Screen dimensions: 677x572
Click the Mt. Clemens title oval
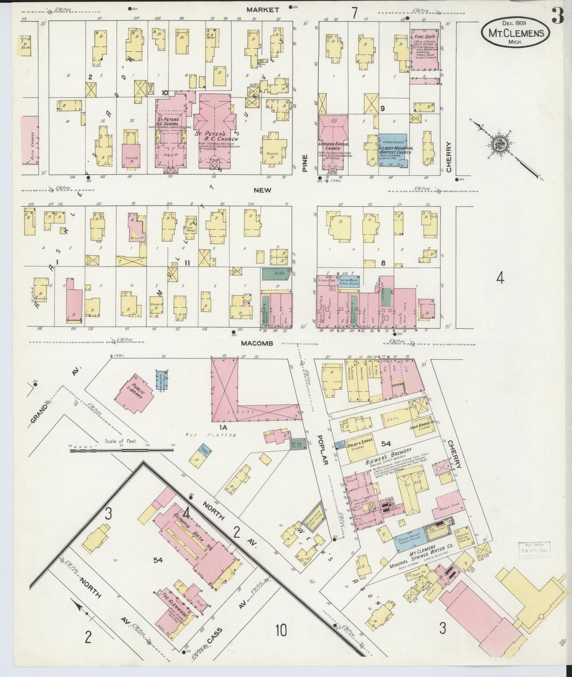click(515, 33)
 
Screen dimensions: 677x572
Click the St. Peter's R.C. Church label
click(216, 137)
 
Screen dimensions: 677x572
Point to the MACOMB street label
click(257, 343)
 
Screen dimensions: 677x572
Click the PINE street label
click(305, 163)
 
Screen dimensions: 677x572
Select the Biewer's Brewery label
click(390, 456)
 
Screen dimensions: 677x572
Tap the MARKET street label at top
click(263, 10)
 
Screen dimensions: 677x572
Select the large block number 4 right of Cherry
click(500, 279)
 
